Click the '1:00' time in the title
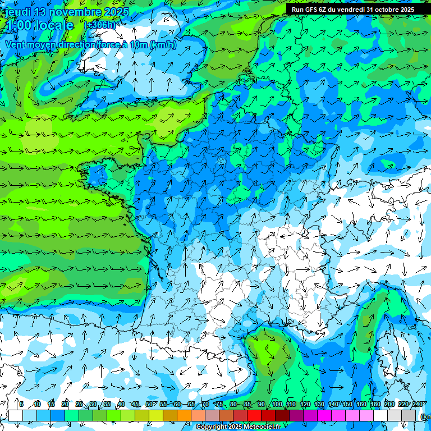click(x=20, y=26)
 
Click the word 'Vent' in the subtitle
click(x=16, y=45)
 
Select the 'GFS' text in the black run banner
click(x=318, y=10)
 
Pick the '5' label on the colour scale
click(x=21, y=404)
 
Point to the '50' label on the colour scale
click(x=149, y=404)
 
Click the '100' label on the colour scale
click(x=277, y=404)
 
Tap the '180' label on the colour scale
click(x=375, y=404)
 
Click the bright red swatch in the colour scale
click(x=255, y=415)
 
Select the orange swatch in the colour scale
click(x=184, y=415)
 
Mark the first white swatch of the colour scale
click(x=16, y=415)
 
